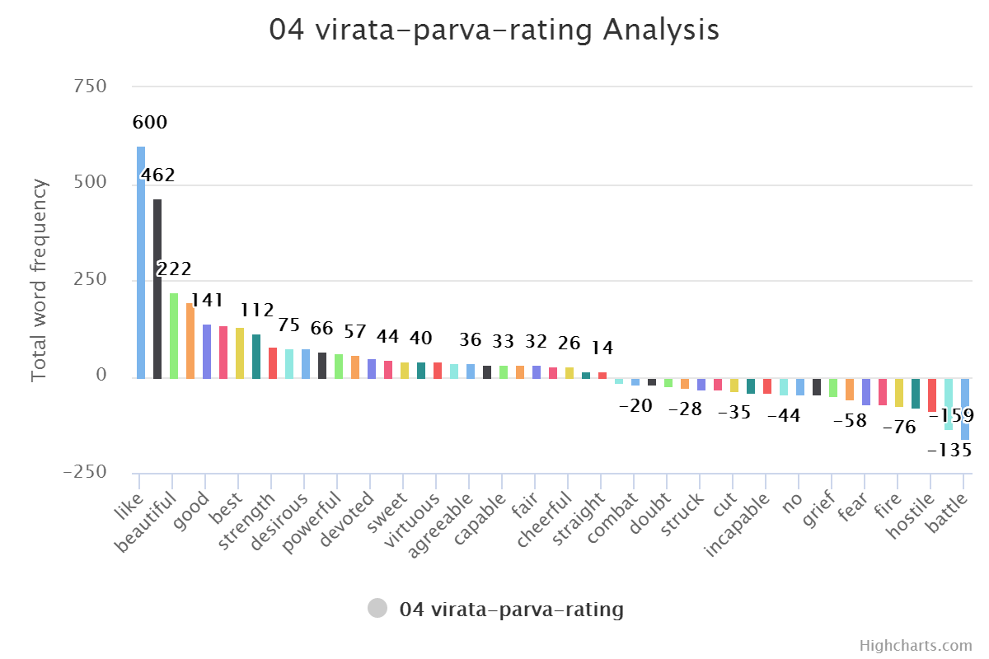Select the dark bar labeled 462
[x=157, y=288]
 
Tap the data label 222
[x=174, y=269]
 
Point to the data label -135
[x=949, y=451]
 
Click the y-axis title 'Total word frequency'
[x=39, y=280]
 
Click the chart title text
[x=494, y=30]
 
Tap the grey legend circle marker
[x=377, y=610]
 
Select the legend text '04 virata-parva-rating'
[x=511, y=610]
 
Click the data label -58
[x=850, y=421]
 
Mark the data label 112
[x=257, y=311]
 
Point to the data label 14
[x=602, y=348]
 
